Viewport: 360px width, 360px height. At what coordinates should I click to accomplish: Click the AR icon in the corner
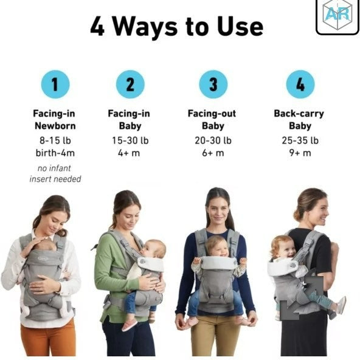(x=337, y=17)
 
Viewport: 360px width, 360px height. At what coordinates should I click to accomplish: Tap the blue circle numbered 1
(x=55, y=85)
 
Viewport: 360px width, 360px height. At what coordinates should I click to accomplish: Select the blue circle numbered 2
(x=130, y=85)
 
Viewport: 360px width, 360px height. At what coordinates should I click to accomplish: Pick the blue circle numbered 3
(x=213, y=85)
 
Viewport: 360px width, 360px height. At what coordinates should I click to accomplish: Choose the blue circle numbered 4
(x=300, y=85)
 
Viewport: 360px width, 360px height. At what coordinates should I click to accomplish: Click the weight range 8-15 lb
(x=55, y=140)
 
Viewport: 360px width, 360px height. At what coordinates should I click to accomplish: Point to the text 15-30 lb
(x=130, y=140)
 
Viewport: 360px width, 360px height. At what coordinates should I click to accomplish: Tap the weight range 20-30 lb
(x=212, y=140)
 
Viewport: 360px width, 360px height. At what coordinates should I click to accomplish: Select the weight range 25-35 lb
(x=300, y=140)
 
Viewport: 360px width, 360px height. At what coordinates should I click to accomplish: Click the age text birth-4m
(x=55, y=153)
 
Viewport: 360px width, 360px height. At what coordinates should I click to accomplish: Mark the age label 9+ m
(x=300, y=153)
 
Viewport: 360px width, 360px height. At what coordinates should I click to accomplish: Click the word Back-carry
(x=299, y=114)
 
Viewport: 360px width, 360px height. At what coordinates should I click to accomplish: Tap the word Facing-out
(x=212, y=114)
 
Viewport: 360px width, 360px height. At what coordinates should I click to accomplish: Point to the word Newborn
(x=55, y=126)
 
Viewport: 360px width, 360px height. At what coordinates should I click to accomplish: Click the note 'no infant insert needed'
(x=55, y=173)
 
